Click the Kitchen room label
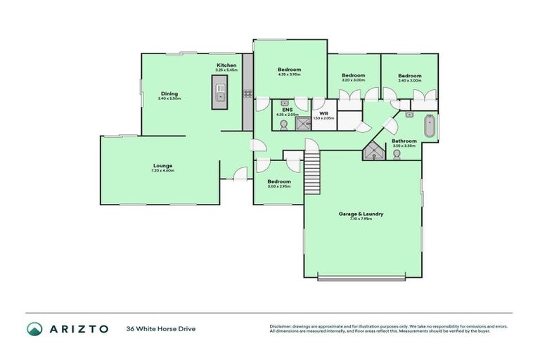pos(226,65)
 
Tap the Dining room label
pos(169,94)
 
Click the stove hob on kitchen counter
pos(247,93)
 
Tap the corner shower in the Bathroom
pos(372,152)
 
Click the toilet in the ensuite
pos(283,125)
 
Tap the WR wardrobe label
pos(323,113)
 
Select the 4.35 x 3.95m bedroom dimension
pos(289,75)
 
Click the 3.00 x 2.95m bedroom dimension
pos(278,186)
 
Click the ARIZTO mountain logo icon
pos(35,328)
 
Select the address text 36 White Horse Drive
pos(160,328)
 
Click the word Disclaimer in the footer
pos(281,326)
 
